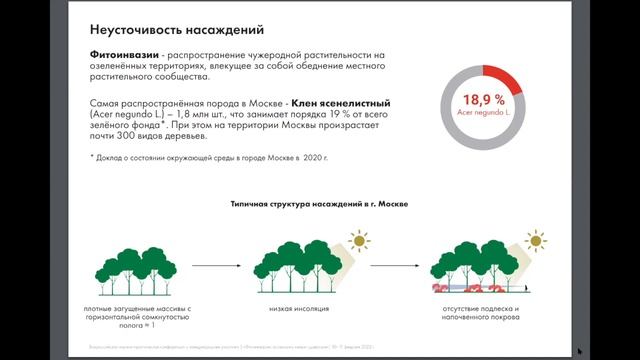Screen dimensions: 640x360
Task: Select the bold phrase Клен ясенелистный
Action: click(345, 103)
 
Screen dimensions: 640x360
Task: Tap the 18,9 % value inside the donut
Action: click(483, 100)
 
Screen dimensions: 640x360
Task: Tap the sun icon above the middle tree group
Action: click(357, 242)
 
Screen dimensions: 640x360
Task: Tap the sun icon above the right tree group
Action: click(537, 240)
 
